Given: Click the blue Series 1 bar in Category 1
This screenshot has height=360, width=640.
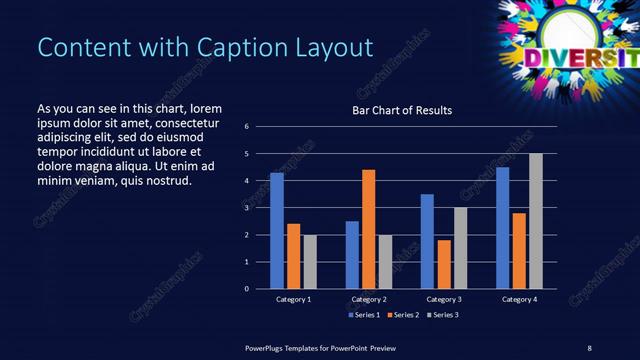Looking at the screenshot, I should [277, 231].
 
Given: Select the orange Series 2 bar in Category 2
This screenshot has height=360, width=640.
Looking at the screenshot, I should [369, 229].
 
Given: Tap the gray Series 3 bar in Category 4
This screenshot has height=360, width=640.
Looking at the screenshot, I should [536, 221].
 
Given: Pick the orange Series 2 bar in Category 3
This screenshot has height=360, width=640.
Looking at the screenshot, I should [444, 264].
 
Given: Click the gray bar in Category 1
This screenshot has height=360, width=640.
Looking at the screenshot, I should [310, 262].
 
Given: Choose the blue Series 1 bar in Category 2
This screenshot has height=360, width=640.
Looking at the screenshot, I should [352, 255].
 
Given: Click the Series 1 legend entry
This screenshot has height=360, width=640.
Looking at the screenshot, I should [362, 315].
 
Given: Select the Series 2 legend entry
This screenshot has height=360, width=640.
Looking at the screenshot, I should [401, 315].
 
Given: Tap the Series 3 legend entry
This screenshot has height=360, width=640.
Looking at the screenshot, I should [440, 315].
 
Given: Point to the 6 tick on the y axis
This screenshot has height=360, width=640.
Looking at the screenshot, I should [246, 127].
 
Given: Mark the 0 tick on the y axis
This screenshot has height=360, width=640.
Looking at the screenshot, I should [246, 289].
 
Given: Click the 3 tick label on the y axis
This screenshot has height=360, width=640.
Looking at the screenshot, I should [246, 208].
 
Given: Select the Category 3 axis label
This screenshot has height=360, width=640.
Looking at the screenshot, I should [444, 300].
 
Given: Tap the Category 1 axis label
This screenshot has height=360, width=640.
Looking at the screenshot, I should [294, 300].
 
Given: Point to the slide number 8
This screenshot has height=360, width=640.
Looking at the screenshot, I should [589, 347].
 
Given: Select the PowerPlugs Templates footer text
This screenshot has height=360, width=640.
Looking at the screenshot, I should [320, 347].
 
